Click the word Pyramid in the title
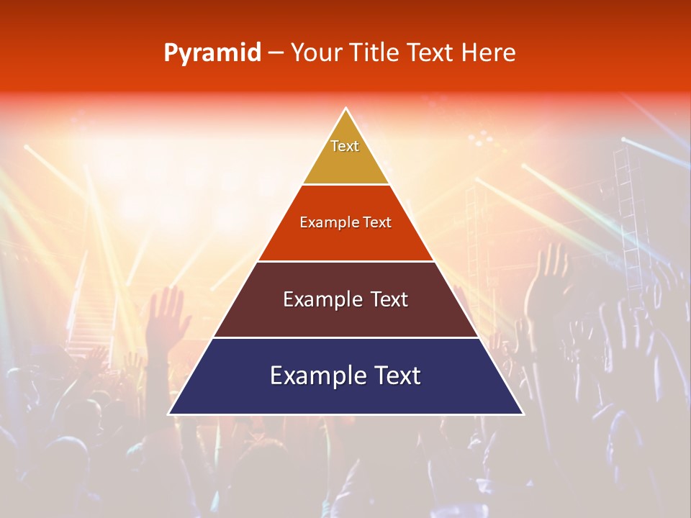pos(212,53)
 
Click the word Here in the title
pos(489,53)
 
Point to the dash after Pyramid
pos(276,53)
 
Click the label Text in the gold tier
pos(345,146)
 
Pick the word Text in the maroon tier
pos(389,299)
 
